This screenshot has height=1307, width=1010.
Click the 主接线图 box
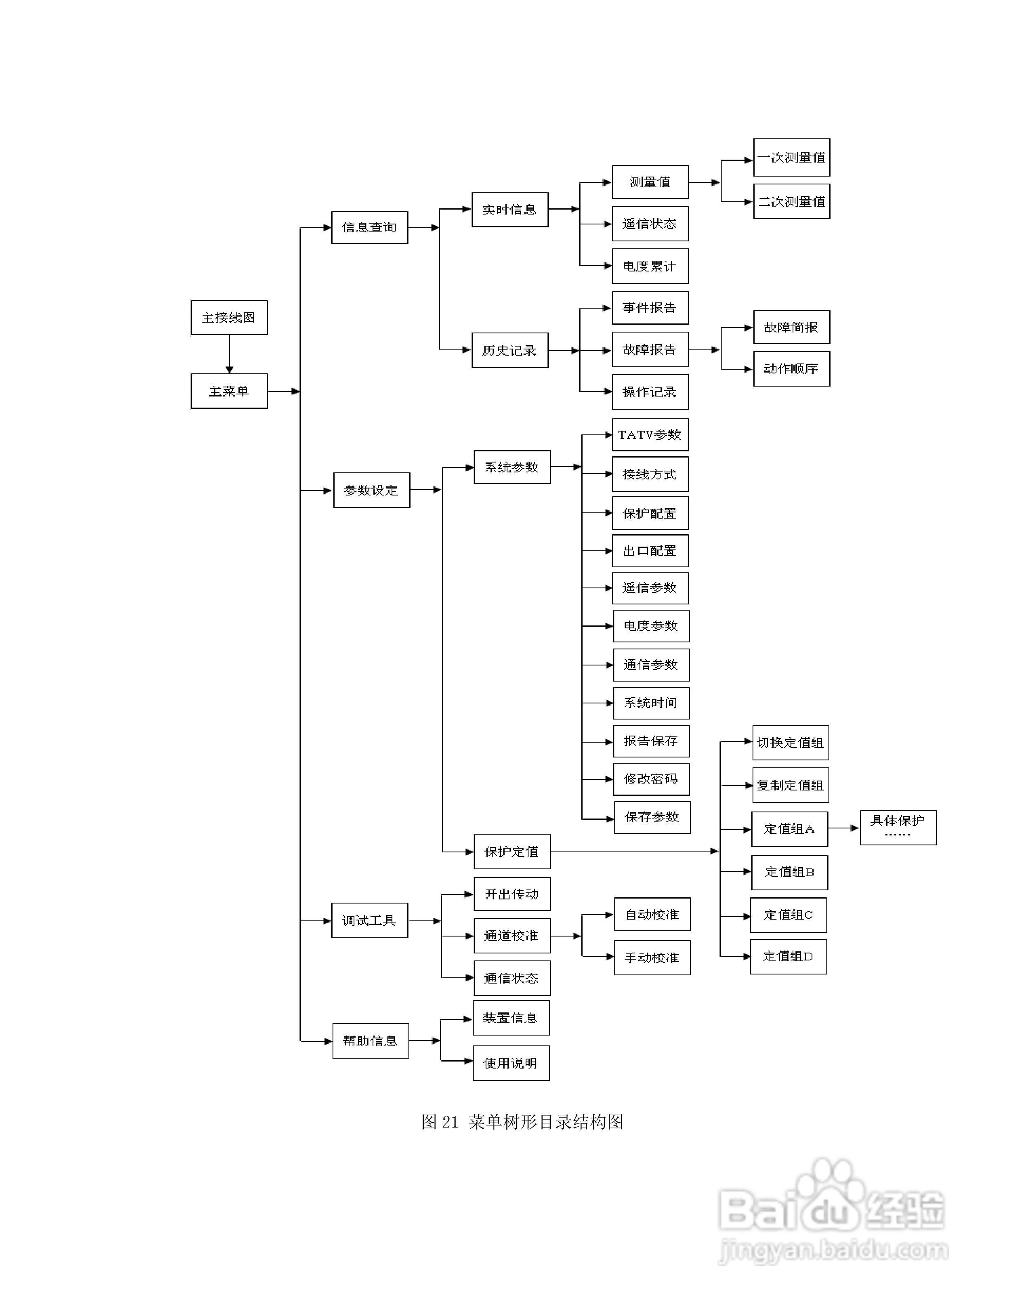click(x=229, y=318)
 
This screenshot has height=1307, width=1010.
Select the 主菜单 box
click(x=229, y=392)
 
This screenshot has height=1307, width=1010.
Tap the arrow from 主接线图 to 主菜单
click(x=229, y=354)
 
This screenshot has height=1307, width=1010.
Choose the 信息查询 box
click(x=370, y=227)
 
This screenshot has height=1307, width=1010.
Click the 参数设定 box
click(x=372, y=490)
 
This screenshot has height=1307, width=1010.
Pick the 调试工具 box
click(x=370, y=920)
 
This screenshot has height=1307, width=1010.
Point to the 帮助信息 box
click(x=370, y=1041)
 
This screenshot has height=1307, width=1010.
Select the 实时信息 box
click(x=510, y=210)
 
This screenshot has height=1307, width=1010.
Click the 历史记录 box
click(x=510, y=350)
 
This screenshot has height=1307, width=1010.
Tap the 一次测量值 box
click(x=792, y=157)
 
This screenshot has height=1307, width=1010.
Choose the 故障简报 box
click(x=792, y=327)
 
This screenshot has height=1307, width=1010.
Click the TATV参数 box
click(x=650, y=435)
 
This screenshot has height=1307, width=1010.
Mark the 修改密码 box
click(x=651, y=779)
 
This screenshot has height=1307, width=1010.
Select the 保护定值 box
click(x=512, y=852)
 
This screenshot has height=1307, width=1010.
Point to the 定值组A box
click(x=790, y=829)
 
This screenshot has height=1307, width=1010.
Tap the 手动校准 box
click(x=652, y=958)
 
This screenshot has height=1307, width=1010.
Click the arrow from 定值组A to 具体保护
click(x=844, y=828)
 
